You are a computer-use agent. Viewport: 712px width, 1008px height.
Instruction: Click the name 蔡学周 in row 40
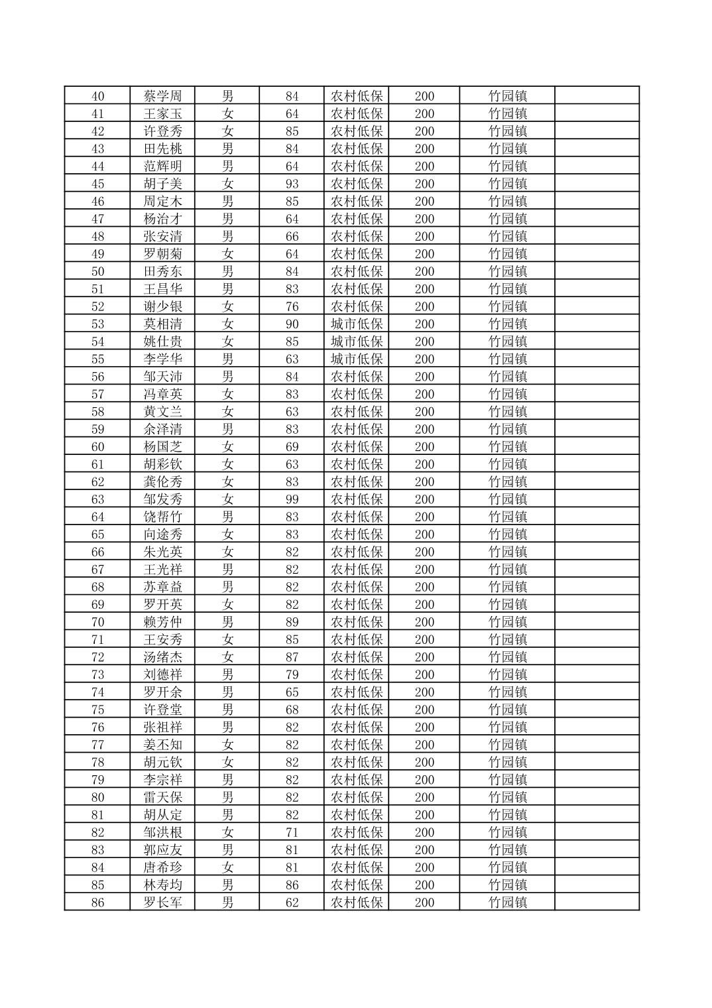(x=162, y=96)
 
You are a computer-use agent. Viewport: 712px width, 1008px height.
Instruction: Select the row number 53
(x=97, y=324)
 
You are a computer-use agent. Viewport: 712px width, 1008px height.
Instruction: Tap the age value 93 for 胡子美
(x=292, y=184)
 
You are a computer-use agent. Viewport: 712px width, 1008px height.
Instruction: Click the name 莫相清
(x=162, y=324)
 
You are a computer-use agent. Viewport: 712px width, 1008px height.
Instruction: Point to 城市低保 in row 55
(x=357, y=359)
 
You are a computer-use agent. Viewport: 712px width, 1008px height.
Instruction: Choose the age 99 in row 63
(x=292, y=499)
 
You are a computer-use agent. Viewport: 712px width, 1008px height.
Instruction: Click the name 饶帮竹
(x=162, y=517)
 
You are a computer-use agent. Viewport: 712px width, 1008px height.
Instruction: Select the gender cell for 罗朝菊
(x=227, y=254)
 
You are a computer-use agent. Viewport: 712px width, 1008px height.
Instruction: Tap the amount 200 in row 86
(x=424, y=903)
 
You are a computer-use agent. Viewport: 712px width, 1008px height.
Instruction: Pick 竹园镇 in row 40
(x=507, y=96)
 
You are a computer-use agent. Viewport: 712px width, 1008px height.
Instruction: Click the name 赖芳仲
(x=162, y=622)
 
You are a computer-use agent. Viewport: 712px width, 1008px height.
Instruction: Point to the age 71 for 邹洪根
(x=292, y=832)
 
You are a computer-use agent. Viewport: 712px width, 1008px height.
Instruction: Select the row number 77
(x=97, y=745)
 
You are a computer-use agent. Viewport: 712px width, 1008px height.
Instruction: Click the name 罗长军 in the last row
(x=162, y=903)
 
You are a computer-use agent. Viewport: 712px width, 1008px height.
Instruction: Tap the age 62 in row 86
(x=292, y=903)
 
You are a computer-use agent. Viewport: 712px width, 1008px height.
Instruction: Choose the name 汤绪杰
(x=162, y=657)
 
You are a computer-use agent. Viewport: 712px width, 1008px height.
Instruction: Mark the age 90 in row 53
(x=292, y=324)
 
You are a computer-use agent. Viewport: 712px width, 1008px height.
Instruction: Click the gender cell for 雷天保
(x=227, y=797)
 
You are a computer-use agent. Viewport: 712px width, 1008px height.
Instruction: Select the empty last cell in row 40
(x=597, y=96)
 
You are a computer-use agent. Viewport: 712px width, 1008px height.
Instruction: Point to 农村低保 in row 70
(x=357, y=622)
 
